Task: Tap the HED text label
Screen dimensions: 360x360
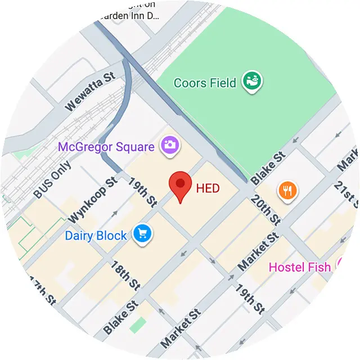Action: [x=208, y=188]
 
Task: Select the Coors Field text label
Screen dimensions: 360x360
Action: [x=205, y=83]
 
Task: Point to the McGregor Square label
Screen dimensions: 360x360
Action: [x=106, y=147]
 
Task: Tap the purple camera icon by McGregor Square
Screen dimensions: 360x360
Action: [x=169, y=145]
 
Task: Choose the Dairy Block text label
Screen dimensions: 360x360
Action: [x=96, y=235]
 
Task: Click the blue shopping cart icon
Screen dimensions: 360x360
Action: [x=141, y=235]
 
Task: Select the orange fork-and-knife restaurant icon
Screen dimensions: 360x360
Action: [x=287, y=191]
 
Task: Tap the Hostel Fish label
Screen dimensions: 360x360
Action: [x=300, y=267]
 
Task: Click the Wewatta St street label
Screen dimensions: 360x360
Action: [x=90, y=92]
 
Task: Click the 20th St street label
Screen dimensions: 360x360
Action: [x=265, y=209]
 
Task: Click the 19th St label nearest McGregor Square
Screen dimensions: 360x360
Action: [x=142, y=191]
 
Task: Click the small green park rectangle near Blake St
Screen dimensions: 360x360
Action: [x=137, y=325]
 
